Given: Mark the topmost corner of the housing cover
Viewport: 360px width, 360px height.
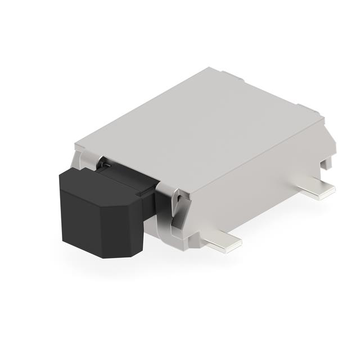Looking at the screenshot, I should pyautogui.click(x=210, y=68).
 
